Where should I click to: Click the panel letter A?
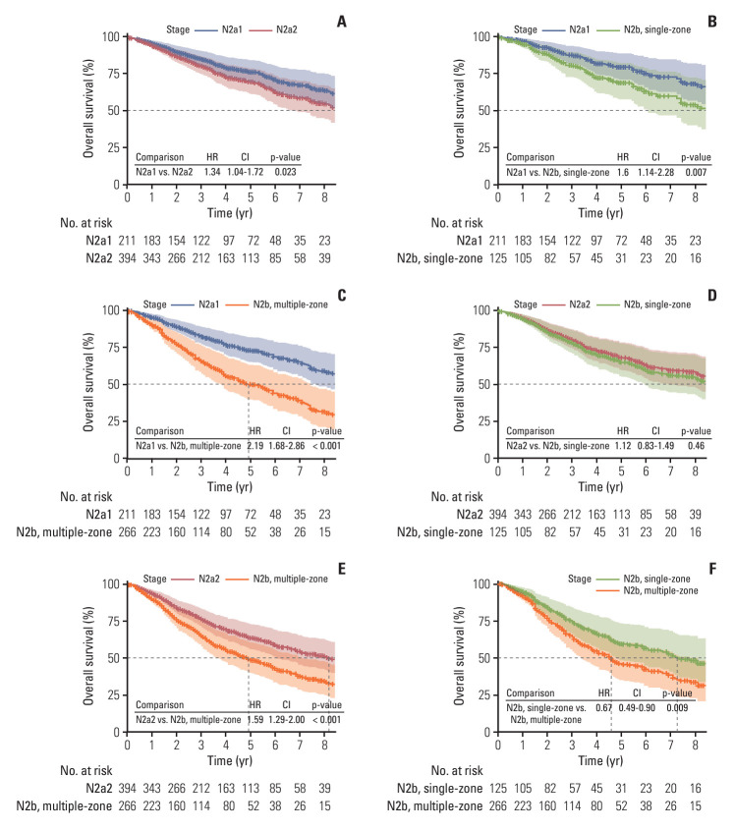pos(342,22)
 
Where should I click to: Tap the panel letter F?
pos(712,569)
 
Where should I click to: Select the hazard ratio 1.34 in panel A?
pos(212,172)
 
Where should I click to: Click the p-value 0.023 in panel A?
pos(285,172)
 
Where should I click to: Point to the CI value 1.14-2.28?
pos(655,172)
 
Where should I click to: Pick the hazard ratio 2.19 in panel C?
pos(255,446)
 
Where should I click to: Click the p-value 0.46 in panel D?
pos(696,446)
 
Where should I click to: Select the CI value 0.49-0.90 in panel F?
pos(637,708)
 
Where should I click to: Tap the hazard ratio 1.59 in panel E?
pos(255,719)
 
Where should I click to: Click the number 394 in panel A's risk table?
pos(127,258)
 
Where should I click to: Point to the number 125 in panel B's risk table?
pos(498,258)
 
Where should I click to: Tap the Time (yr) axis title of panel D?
pos(600,486)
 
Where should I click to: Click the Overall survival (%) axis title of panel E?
pos(87,656)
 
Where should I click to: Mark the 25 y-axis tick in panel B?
pos(484,147)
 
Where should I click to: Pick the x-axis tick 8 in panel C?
pos(324,471)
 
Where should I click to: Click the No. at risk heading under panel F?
pos(457,771)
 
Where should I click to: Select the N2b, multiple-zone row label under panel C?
pos(64,532)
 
